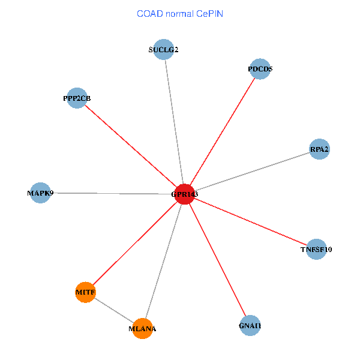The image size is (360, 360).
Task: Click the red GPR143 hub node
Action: (x=184, y=194)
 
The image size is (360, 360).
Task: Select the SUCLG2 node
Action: (x=164, y=50)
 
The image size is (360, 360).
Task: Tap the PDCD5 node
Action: (x=259, y=69)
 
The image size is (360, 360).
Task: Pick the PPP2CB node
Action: (x=77, y=98)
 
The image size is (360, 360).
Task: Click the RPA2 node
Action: (x=319, y=149)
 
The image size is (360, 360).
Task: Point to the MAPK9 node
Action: (x=40, y=193)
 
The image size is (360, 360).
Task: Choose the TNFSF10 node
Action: (x=316, y=249)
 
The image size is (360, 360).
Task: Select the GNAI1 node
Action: (x=250, y=326)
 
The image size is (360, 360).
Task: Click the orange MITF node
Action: (x=86, y=292)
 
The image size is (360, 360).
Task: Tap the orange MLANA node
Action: (x=142, y=328)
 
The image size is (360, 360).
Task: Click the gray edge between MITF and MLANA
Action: (x=114, y=310)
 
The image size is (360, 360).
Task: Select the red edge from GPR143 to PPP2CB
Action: (x=131, y=146)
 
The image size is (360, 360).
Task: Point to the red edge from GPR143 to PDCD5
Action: (x=222, y=131)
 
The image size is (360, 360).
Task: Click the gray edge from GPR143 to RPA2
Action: (x=252, y=171)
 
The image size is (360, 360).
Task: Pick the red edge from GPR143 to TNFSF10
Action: (x=250, y=221)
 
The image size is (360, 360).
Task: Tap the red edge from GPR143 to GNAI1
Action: (x=217, y=260)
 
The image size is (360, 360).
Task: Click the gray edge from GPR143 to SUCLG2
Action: (x=174, y=122)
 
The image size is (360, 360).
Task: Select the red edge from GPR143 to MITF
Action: (x=135, y=243)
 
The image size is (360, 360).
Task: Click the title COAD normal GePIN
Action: (x=179, y=13)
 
